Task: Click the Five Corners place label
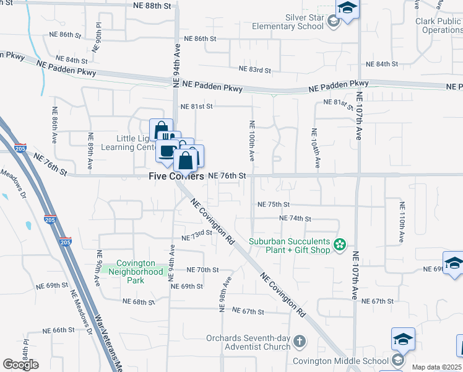click(x=176, y=176)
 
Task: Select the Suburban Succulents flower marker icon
click(x=339, y=246)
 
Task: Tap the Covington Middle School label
click(x=349, y=361)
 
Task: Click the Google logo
click(x=20, y=365)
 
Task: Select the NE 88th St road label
click(x=152, y=6)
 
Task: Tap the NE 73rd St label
click(x=197, y=237)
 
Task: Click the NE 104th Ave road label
click(x=315, y=149)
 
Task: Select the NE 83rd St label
click(x=255, y=69)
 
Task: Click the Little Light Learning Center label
click(x=126, y=143)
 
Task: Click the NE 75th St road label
click(x=274, y=205)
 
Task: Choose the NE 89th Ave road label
click(x=90, y=151)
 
